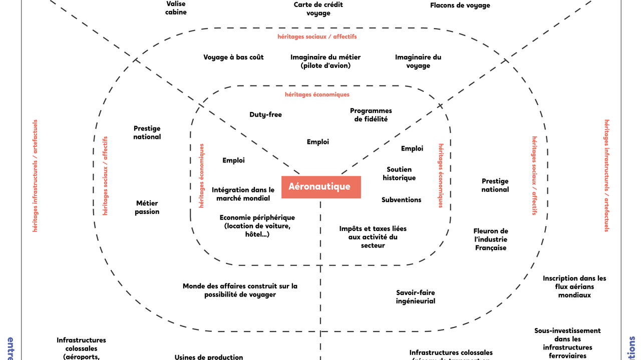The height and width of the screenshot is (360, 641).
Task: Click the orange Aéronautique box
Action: [321, 187]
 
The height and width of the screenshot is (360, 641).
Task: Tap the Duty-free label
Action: [265, 114]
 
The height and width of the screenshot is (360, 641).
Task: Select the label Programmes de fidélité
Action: [371, 115]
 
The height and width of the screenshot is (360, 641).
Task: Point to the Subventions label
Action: [401, 200]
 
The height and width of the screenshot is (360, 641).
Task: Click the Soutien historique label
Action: [399, 173]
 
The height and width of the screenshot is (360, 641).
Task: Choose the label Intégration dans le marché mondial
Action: [243, 194]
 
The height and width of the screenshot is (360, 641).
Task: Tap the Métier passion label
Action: [147, 207]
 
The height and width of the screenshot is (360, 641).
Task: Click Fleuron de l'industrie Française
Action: [491, 239]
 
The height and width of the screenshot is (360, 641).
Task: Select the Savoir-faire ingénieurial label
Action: [415, 297]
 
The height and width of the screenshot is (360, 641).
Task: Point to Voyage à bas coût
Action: [233, 57]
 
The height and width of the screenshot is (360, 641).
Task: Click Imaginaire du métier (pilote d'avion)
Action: [326, 61]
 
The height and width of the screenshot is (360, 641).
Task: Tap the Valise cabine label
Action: [176, 7]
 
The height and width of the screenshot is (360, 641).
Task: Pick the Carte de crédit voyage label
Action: [318, 9]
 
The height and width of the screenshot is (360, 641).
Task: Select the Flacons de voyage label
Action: [460, 5]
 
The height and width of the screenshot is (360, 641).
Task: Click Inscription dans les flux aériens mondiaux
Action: [574, 286]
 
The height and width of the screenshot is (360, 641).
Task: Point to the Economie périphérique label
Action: [257, 226]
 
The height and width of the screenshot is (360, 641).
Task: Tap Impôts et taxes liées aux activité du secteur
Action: [373, 237]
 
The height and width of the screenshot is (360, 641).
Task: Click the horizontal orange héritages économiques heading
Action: [317, 94]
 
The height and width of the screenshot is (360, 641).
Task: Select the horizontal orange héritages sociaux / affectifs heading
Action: [317, 37]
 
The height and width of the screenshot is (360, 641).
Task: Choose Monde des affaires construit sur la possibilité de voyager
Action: [240, 290]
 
